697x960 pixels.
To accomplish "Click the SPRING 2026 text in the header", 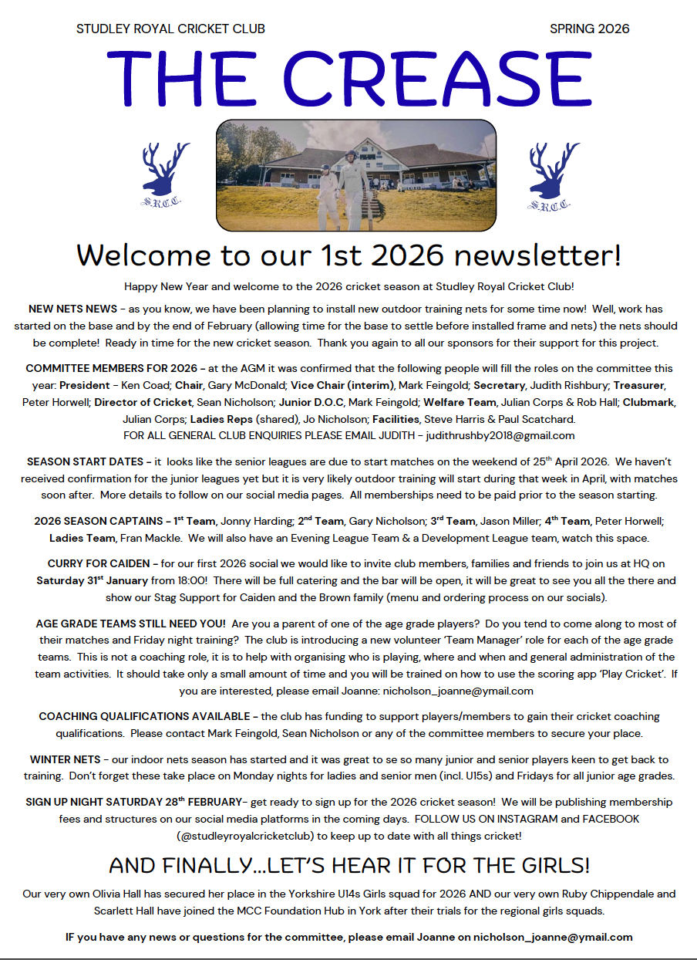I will (x=589, y=29).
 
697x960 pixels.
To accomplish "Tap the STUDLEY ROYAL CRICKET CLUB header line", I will (x=170, y=29).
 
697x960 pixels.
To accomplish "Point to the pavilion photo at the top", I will (x=356, y=175).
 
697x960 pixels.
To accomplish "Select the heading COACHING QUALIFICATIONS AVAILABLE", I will (x=144, y=717).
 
